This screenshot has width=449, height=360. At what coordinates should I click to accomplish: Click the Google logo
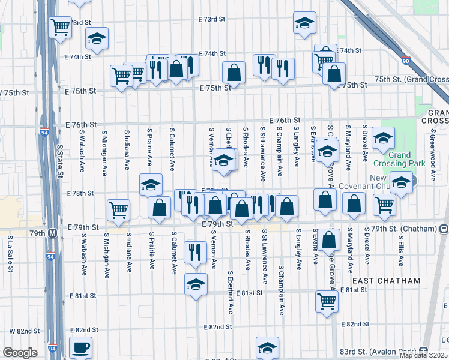[x=20, y=353]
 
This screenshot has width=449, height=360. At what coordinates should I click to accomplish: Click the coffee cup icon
[x=80, y=348]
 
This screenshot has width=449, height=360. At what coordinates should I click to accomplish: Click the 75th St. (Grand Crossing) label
[x=411, y=80]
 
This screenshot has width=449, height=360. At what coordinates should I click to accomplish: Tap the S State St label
[x=60, y=160]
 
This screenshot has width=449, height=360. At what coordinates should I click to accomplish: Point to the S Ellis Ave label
[x=401, y=250]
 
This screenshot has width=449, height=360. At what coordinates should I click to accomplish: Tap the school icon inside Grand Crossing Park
[x=383, y=138]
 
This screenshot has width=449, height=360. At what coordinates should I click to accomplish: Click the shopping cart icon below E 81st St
[x=327, y=302]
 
